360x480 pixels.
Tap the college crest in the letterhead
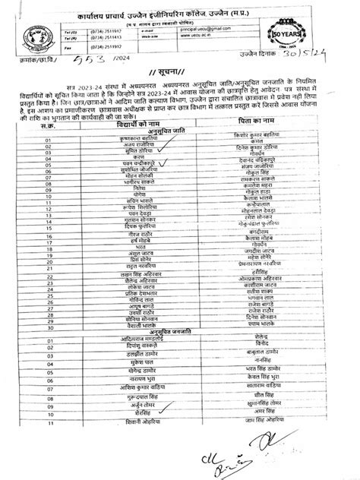(28, 33)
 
